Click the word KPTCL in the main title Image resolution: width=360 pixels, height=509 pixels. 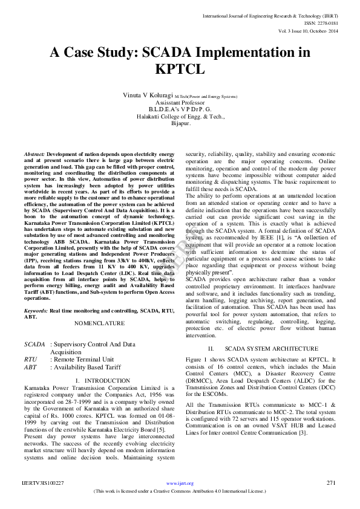[180, 69]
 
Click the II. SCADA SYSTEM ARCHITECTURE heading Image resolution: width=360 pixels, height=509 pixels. [263, 349]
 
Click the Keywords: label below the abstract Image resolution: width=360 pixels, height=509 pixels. [36, 310]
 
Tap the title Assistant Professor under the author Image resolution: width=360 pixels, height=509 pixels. [180, 103]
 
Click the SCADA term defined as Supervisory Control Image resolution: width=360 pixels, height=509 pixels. [34, 343]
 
